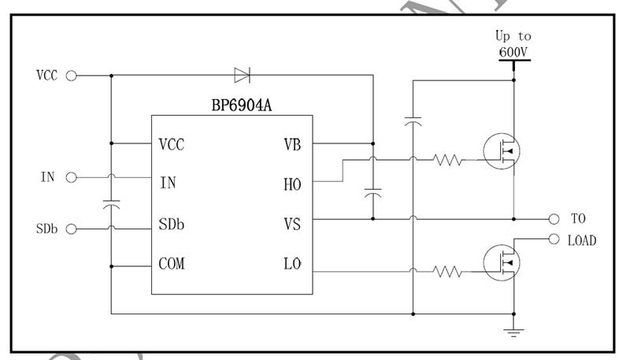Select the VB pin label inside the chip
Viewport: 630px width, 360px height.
tap(291, 145)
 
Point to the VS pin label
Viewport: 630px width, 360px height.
tap(291, 225)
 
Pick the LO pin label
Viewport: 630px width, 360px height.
tap(291, 263)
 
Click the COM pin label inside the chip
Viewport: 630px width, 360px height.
tap(172, 263)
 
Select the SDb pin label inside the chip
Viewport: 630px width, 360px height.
tap(172, 225)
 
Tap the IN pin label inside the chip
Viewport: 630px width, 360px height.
tap(168, 183)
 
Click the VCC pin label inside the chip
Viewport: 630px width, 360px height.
tap(172, 145)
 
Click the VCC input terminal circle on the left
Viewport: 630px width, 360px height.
tap(71, 76)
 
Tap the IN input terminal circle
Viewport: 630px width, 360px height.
tap(71, 177)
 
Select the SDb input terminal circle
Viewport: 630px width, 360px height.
tap(71, 229)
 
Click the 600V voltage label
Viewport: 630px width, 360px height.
tap(513, 52)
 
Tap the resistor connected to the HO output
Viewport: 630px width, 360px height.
tap(447, 161)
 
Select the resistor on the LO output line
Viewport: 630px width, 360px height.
tap(447, 272)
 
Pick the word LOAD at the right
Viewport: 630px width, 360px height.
tap(581, 240)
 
